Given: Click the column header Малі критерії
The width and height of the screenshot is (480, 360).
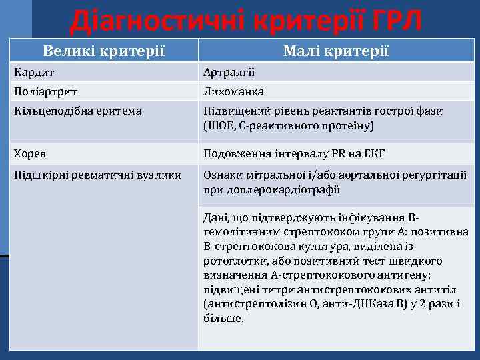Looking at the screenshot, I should coord(336,51).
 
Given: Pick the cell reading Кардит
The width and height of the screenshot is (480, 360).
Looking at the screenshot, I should coord(31,72).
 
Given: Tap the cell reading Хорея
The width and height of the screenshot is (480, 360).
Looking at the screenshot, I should coord(30,154).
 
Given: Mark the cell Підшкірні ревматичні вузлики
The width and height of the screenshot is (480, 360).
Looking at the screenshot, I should coord(97,175).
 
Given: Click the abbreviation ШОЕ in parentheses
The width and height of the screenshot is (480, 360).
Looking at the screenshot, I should coord(221,125).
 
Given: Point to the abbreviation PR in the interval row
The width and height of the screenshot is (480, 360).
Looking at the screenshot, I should coord(339,154).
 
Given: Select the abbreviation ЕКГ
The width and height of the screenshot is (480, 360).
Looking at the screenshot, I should coord(375,154).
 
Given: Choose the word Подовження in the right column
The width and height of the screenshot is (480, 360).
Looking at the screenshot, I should coord(233,154).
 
